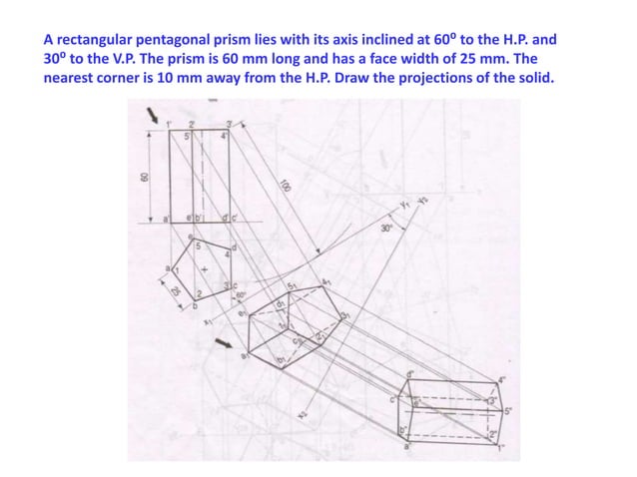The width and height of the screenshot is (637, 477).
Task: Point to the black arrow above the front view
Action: (x=152, y=119)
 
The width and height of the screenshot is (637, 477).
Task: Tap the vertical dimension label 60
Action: (x=144, y=176)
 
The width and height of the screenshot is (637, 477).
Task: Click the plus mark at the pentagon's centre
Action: (x=204, y=269)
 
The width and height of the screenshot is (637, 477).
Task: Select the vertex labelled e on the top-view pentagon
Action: (x=192, y=238)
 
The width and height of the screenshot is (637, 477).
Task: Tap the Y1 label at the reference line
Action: (x=403, y=208)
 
